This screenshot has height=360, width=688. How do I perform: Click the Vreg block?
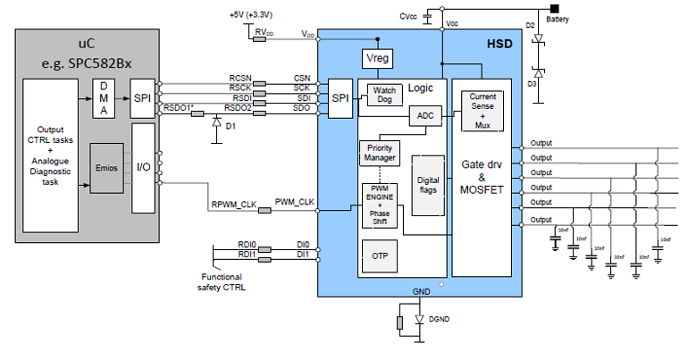(373, 59)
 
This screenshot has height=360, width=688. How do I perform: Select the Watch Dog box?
(384, 95)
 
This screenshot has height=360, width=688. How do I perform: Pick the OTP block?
(380, 253)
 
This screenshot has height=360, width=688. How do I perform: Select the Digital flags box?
(428, 185)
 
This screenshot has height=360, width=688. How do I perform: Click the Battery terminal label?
(558, 19)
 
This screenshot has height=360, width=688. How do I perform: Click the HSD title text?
(498, 44)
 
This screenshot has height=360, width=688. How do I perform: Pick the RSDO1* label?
(180, 107)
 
